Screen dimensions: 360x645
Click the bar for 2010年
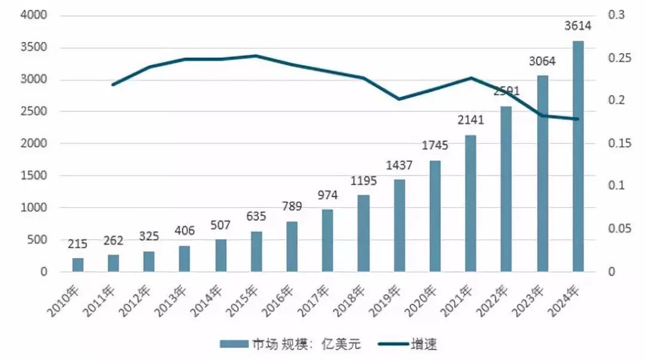click(78, 265)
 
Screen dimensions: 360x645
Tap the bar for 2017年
click(328, 241)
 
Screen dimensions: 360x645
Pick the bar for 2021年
click(471, 204)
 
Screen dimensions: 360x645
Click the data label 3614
click(578, 26)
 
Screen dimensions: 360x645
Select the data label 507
click(220, 227)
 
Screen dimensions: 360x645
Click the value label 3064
click(542, 61)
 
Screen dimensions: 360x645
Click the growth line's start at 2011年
click(113, 85)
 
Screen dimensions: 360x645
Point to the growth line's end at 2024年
click(578, 119)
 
